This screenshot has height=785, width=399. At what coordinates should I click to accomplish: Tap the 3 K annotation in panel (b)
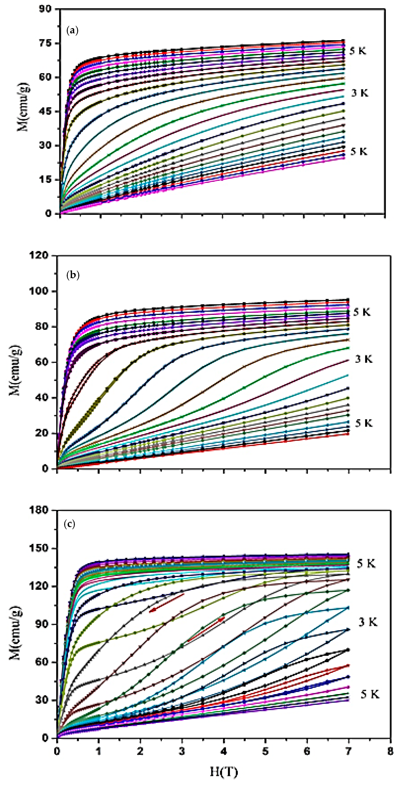click(364, 359)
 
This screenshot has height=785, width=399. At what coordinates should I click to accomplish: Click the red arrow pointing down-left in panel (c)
click(166, 602)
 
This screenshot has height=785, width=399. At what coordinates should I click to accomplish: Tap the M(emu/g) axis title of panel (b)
click(15, 370)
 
